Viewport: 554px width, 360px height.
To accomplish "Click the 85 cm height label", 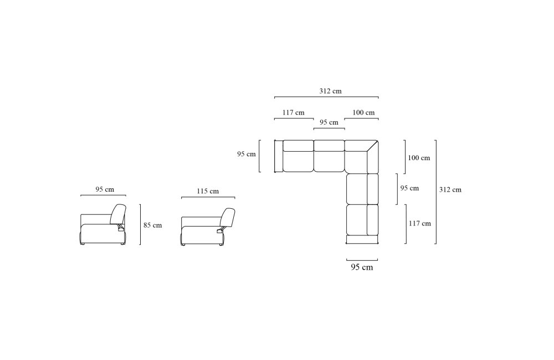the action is point(153,225).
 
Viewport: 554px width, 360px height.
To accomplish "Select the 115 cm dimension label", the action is point(208,191).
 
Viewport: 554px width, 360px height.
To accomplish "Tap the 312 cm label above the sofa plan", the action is point(330,91).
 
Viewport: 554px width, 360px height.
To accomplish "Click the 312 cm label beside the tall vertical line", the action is point(450,189).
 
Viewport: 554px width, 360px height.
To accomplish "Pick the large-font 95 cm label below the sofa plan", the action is point(362,267).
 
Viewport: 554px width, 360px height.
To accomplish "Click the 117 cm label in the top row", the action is point(293,112).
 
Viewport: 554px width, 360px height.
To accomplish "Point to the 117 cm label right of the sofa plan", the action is point(420,223).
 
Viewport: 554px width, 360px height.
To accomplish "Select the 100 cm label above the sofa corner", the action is point(363,112).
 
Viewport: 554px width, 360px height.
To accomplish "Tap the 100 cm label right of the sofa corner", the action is point(419,157).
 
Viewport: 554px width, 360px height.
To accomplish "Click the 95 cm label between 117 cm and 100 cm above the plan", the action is point(329,122).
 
